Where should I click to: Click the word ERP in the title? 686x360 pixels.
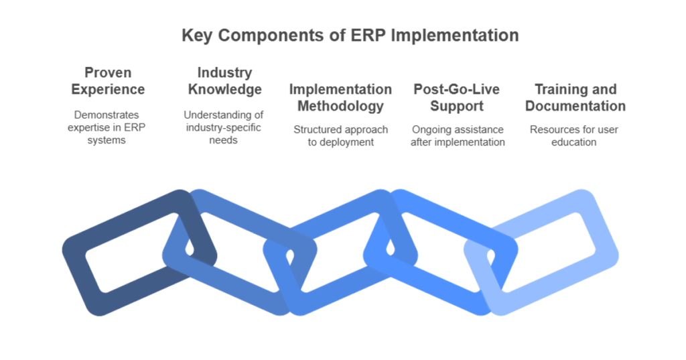pos(368,36)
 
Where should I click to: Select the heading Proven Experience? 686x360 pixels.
pos(108,80)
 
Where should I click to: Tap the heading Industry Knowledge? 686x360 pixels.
pos(225,80)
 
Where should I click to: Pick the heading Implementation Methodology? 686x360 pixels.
pos(340,97)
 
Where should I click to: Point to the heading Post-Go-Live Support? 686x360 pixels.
pos(457,97)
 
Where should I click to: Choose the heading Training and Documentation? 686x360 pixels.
pos(575,97)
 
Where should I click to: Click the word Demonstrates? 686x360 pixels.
pos(107,115)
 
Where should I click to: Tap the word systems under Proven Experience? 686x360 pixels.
pos(107,140)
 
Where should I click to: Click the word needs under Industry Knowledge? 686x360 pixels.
pos(223,140)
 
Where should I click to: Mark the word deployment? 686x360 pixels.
pos(346,142)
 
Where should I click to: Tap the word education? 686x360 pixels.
pos(573,142)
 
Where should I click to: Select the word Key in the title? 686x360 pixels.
pos(196,36)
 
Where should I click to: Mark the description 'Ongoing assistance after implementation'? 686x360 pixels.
pos(458,136)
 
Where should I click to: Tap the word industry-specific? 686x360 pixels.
pos(223,128)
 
